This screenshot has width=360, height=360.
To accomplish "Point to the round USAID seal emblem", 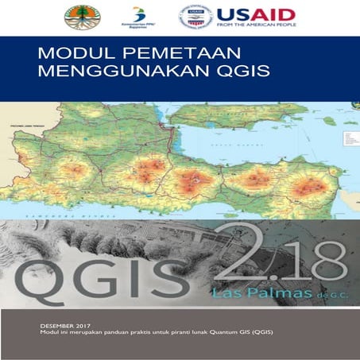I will click(x=195, y=17).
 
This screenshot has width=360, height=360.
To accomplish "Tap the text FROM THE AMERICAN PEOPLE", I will click(x=256, y=27).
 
